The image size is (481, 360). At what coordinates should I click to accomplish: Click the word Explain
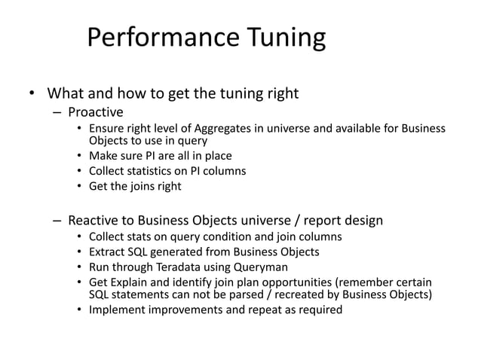pyautogui.click(x=136, y=279)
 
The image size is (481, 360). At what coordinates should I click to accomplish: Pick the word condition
pyautogui.click(x=229, y=236)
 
